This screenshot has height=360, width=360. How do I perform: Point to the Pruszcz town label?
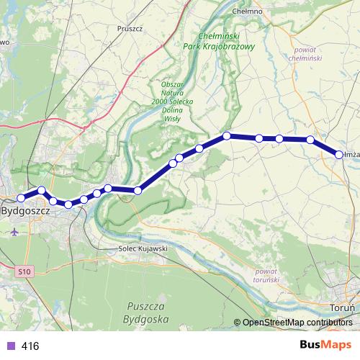(x=131, y=30)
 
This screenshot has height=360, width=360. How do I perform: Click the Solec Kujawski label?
(x=143, y=248)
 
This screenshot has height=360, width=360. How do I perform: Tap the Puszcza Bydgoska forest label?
(x=146, y=312)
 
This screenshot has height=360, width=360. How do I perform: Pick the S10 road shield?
(x=25, y=271)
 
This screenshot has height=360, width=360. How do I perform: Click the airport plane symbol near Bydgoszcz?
(x=16, y=232)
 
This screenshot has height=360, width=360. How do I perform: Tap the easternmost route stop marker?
(x=339, y=154)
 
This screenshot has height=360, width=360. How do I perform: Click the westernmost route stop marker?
(x=22, y=197)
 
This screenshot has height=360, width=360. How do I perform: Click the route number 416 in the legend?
(x=30, y=346)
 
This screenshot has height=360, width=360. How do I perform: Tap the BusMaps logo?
(x=325, y=345)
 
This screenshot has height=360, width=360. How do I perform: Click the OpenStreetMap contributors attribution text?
(x=297, y=322)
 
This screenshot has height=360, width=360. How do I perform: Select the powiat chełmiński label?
(x=310, y=54)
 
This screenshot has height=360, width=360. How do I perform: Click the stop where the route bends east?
(x=226, y=135)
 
